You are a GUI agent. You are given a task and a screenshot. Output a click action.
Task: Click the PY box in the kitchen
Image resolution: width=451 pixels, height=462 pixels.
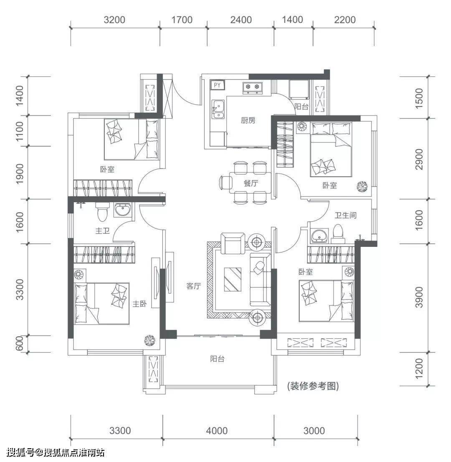pos(217,85)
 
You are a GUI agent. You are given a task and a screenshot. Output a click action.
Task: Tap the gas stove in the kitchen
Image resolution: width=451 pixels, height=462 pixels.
pos(253,87)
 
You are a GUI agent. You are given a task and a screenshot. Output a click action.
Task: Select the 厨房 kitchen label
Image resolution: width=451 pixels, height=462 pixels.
pos(248,120)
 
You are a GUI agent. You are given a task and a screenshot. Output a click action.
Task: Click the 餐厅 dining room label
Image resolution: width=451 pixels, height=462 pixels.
pos(251,183)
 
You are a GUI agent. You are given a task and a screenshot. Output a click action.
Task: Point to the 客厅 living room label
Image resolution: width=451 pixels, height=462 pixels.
pos(193,286)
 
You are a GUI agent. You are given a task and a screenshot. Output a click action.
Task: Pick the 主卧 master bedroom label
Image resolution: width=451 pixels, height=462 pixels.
pos(139,304)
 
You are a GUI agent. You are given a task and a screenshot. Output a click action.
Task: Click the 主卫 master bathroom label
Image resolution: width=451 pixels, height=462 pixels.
pos(102,231)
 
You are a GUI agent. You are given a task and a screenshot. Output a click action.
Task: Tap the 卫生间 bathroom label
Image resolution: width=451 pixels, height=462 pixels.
pos(345,216)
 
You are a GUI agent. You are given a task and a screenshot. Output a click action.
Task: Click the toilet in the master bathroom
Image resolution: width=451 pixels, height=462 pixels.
pos(102,212)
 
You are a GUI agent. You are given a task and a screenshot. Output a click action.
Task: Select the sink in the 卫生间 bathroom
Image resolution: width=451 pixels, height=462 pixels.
pos(319,236)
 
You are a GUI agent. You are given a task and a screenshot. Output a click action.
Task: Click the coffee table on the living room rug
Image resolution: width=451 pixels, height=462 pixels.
pos(233,279)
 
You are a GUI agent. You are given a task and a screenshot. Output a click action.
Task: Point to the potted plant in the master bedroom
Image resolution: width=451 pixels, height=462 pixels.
pos(149,340)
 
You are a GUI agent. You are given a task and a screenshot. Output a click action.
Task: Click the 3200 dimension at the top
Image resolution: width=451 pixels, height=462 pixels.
pos(114,20)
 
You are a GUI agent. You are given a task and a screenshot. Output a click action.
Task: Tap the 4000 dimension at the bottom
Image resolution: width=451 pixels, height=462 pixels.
pos(217,431)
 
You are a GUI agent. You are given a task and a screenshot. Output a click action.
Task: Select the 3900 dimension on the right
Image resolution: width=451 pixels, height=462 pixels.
pos(418,297)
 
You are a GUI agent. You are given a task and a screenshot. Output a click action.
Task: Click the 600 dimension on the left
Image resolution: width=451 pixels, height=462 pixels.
pos(20,343)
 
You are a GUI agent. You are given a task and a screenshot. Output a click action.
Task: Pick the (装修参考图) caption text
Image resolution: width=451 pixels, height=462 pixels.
pos(313,386)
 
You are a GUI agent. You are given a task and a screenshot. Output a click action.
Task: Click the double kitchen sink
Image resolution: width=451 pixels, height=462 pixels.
pos(218,109)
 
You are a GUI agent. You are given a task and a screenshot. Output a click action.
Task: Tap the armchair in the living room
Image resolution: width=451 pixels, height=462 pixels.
pos(233,243)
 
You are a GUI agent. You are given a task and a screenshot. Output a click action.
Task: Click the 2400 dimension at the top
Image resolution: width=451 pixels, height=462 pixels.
pos(241,20)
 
